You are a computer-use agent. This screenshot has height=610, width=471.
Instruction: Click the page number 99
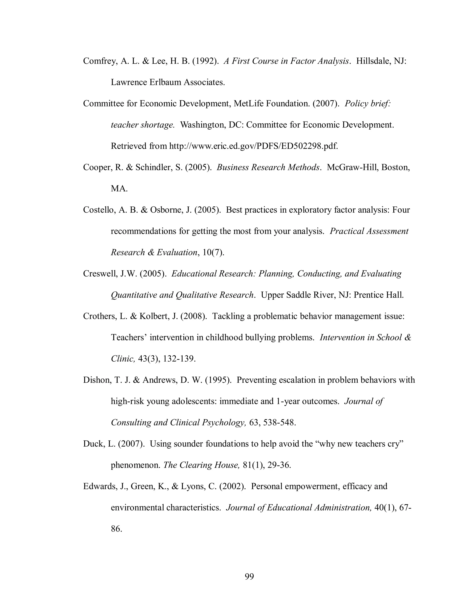coord(249,576)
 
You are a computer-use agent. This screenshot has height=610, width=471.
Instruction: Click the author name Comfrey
coord(99,61)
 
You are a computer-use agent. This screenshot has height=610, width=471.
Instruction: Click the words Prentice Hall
coord(379,295)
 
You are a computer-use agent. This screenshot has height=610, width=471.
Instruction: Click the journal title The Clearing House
coord(201,465)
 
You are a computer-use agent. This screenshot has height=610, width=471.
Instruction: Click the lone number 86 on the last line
coord(116,529)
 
